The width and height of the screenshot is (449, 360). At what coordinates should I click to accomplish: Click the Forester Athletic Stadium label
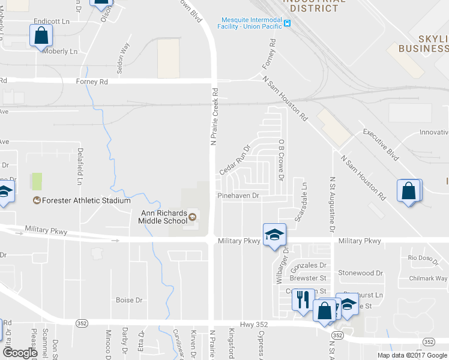86,200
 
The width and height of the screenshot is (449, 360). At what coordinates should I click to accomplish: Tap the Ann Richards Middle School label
164,217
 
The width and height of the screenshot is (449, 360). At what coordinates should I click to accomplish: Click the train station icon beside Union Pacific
288,23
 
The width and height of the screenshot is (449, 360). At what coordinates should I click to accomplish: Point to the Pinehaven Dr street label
238,196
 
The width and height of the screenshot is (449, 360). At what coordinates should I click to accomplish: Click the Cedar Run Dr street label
234,160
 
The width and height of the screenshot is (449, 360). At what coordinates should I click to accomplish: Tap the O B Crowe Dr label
280,159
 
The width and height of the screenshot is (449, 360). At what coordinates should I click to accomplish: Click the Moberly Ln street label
60,52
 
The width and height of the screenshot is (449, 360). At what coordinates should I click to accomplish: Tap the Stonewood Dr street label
360,273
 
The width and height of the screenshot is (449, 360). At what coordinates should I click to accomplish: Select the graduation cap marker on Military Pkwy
274,235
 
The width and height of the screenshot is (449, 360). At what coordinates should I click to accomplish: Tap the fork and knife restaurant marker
303,299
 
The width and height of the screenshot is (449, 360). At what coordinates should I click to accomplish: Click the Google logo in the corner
20,352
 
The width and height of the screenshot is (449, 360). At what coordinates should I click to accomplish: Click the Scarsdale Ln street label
304,201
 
